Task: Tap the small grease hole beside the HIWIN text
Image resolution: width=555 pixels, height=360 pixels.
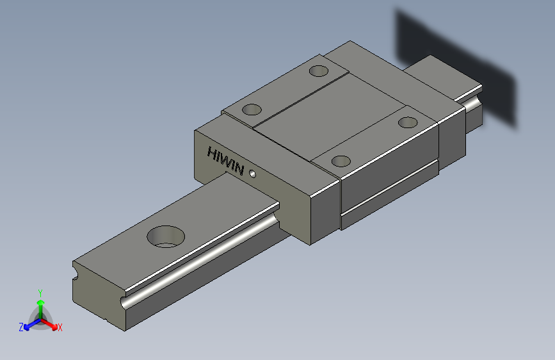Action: (x=252, y=174)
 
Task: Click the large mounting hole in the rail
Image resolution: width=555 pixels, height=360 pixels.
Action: (x=166, y=236)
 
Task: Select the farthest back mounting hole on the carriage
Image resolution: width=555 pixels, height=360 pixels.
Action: (x=319, y=71)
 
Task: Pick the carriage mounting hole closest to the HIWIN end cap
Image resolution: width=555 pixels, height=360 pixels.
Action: (x=252, y=109)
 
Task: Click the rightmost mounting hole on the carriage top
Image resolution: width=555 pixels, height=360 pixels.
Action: (x=408, y=122)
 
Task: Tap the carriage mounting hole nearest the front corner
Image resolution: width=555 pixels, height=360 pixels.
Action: (x=341, y=161)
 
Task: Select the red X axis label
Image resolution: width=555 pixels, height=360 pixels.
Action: (x=60, y=328)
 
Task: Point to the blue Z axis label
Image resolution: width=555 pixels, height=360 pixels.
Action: (x=21, y=327)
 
